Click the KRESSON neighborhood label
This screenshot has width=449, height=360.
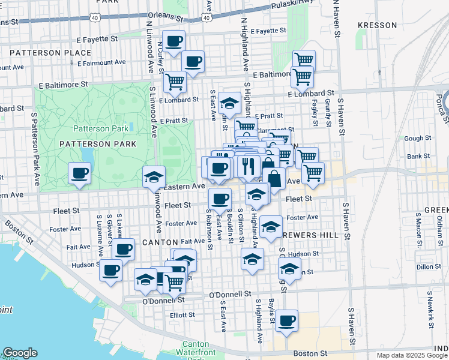click(377, 25)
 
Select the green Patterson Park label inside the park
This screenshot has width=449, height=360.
click(100, 128)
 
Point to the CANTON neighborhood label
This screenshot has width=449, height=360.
click(159, 242)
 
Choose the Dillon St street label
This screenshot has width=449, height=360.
click(429, 266)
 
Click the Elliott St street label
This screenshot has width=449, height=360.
click(182, 314)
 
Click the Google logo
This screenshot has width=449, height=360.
click(20, 353)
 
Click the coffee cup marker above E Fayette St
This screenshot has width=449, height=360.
click(173, 41)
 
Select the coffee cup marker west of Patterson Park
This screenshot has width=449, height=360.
click(80, 173)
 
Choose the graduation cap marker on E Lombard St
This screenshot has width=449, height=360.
click(229, 103)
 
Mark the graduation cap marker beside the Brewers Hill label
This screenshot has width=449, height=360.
click(271, 227)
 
